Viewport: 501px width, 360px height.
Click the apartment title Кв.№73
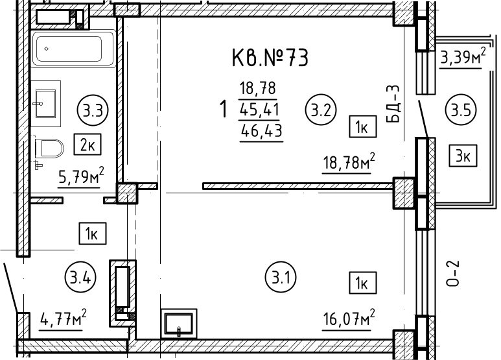(270, 58)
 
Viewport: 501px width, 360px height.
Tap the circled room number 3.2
(321, 111)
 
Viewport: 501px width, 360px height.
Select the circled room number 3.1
(281, 278)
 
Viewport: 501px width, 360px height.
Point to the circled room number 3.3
(93, 111)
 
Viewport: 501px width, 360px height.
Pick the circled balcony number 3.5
(461, 110)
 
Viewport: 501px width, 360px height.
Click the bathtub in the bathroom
(73, 49)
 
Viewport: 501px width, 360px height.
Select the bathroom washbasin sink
(45, 104)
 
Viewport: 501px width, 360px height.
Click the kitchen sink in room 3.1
(179, 323)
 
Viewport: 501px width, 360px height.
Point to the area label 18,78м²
(349, 162)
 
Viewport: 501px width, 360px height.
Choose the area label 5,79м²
(82, 176)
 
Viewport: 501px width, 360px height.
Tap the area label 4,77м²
(64, 318)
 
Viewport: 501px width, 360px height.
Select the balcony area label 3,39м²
(463, 57)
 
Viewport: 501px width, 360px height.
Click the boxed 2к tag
(87, 145)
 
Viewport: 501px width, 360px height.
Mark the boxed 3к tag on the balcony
(463, 156)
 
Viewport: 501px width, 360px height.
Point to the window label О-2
(452, 273)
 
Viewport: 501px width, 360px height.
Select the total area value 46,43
(262, 131)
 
